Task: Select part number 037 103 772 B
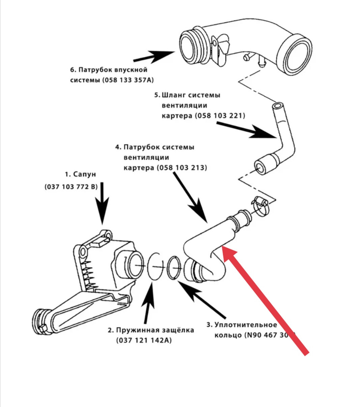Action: click(71, 187)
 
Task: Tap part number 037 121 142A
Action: click(144, 341)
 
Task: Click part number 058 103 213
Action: click(182, 168)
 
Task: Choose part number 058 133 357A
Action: click(131, 80)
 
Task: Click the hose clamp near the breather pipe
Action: click(259, 206)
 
